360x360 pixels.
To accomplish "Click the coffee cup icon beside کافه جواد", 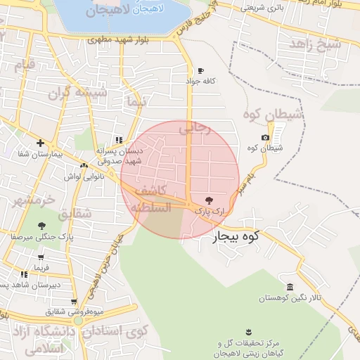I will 200,71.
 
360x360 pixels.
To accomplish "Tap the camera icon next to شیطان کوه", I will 265,137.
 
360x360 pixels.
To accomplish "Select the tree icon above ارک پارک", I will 207,200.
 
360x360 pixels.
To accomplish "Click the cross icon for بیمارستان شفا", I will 41,143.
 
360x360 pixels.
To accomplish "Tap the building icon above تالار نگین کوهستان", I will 290,287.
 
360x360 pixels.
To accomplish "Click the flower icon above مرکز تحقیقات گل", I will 247,331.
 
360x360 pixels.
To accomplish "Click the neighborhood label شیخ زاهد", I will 319,44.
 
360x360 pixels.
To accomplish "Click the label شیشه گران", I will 77,92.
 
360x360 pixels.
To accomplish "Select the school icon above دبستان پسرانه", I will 118,139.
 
